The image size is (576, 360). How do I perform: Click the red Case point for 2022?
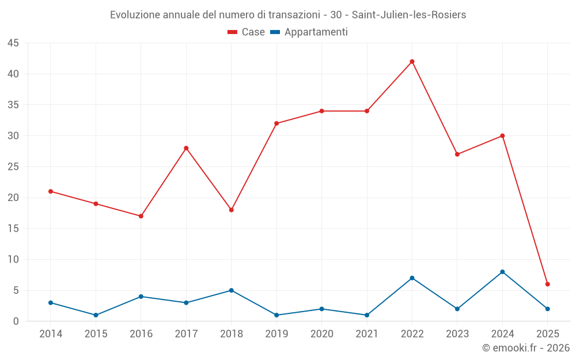pos(412,62)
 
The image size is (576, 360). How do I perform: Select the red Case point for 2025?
pos(548,284)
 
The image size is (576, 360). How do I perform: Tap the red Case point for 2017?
pos(186,148)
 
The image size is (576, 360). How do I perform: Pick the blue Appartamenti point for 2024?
pos(502,272)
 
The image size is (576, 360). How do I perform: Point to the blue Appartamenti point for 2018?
pos(231,290)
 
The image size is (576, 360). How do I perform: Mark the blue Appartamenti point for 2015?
pos(96,315)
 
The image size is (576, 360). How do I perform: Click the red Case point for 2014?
pos(51,191)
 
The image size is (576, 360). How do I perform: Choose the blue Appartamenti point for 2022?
pos(412,278)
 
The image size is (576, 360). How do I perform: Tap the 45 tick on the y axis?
pos(13,43)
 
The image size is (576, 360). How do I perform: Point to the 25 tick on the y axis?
pos(13,167)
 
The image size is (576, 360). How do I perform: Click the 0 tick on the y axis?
pos(16,321)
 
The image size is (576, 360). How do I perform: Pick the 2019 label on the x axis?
pos(276,334)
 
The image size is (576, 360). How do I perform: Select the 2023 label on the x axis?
pos(457,334)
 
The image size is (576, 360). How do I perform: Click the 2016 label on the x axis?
pos(141,334)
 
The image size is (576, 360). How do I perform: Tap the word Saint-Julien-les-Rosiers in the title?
pos(409,15)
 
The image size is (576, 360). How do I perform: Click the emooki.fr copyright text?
pos(526,348)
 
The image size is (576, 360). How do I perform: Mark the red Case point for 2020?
pos(321,111)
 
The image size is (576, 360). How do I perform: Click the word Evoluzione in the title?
pos(135,15)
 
